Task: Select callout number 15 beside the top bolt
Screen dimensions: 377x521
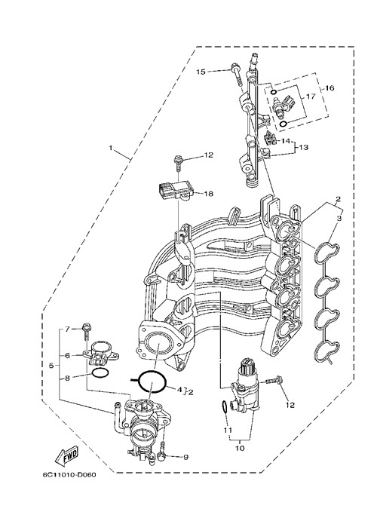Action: tap(201, 72)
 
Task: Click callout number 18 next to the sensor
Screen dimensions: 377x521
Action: tap(208, 193)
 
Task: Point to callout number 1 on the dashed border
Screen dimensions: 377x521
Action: tap(111, 147)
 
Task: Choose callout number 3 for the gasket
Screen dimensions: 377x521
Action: tap(339, 219)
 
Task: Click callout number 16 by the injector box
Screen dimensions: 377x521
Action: tap(329, 88)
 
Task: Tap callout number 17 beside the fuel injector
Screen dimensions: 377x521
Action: tap(310, 97)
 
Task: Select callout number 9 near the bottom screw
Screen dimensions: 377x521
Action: tap(185, 457)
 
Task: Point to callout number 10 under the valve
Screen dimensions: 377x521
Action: tap(240, 448)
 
